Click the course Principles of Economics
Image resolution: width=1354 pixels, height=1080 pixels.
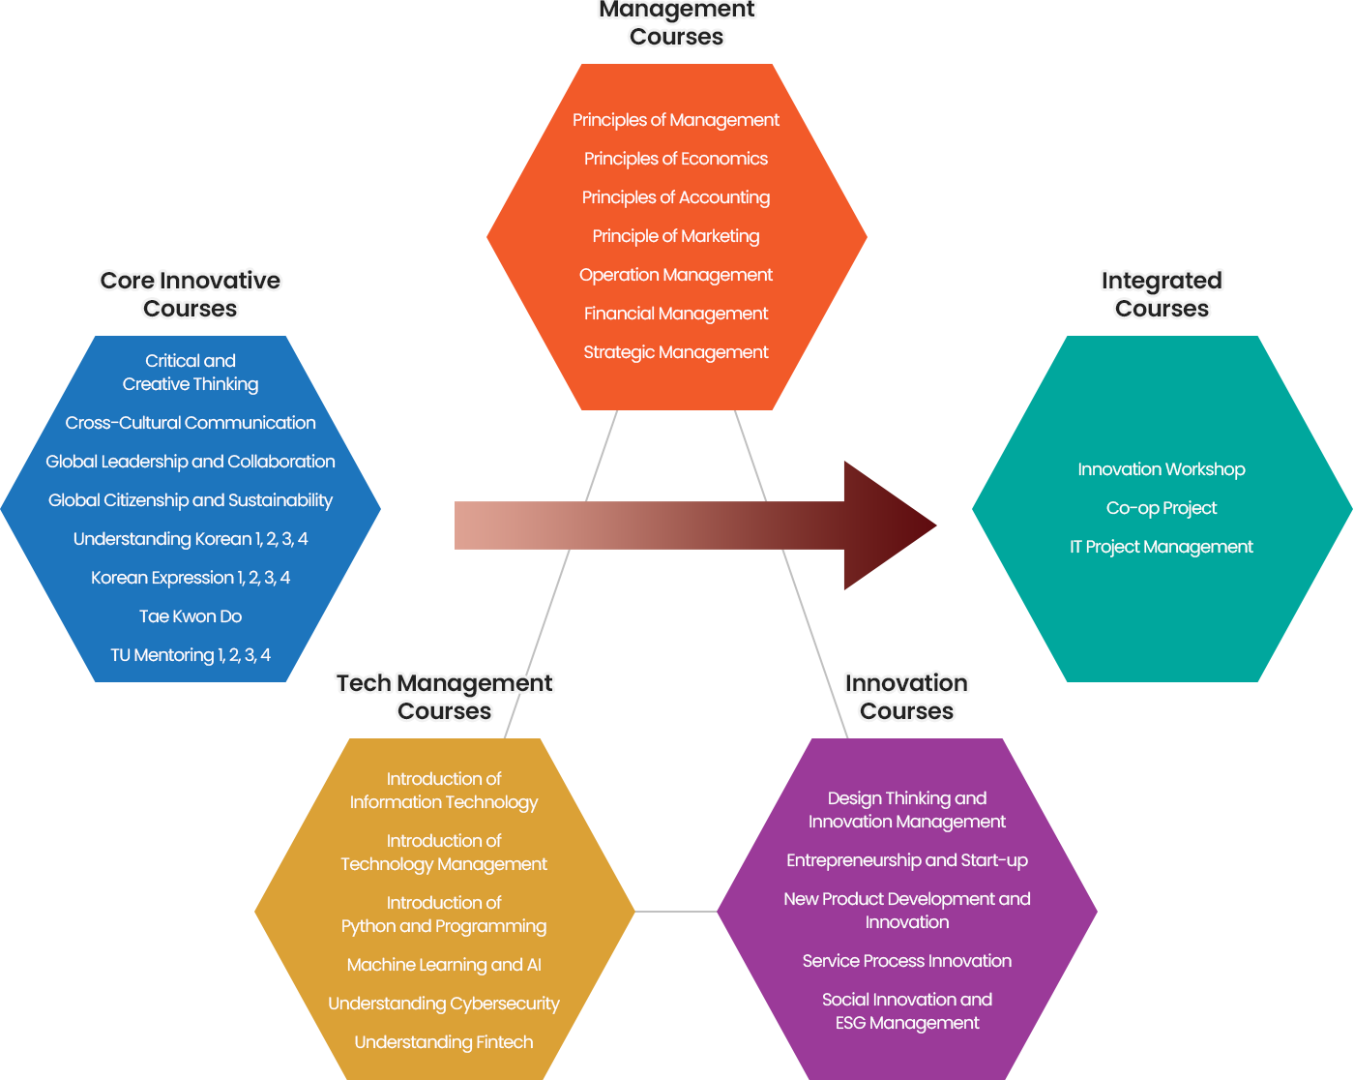click(676, 159)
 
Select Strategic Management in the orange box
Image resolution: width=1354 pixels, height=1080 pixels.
click(676, 352)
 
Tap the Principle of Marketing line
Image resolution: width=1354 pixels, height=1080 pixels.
click(676, 236)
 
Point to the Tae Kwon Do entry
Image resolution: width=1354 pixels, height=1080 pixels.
click(191, 616)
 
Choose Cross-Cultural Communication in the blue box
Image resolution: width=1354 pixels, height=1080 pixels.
click(191, 423)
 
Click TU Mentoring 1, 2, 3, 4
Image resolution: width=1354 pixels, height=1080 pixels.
click(191, 655)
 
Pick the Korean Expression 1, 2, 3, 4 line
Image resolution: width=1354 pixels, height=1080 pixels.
click(191, 578)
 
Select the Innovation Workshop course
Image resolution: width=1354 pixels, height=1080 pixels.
click(1162, 469)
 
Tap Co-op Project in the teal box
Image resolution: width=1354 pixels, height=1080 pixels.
click(1162, 508)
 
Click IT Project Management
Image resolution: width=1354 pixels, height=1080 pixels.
click(1162, 547)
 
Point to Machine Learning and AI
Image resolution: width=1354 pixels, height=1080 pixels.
click(444, 965)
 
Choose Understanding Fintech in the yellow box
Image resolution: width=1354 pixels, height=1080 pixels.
click(444, 1042)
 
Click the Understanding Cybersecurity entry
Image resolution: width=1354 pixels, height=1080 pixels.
click(444, 1004)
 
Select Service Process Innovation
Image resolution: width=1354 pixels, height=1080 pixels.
click(907, 961)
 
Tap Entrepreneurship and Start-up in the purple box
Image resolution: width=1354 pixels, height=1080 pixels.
click(907, 860)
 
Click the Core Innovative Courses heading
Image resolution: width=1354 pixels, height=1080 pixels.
click(191, 294)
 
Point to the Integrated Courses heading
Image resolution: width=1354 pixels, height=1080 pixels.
click(1162, 294)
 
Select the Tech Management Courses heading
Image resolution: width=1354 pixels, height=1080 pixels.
click(445, 697)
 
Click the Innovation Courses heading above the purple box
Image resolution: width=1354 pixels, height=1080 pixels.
click(907, 697)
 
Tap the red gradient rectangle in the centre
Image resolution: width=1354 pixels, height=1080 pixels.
click(696, 525)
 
